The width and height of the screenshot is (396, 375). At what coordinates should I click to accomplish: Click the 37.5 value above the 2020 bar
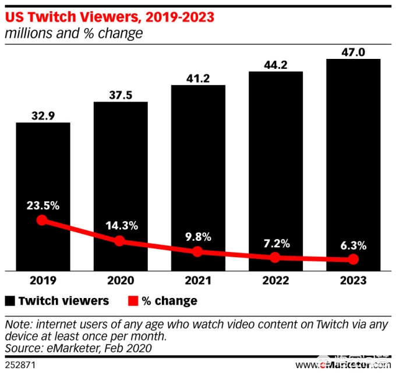[x=121, y=94]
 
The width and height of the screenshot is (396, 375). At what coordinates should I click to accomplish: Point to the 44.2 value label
[x=275, y=64]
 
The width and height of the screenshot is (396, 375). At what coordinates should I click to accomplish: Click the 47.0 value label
[x=353, y=51]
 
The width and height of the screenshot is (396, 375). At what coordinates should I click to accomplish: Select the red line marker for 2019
[x=41, y=220]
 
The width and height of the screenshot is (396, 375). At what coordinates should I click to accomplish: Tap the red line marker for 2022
[x=275, y=257]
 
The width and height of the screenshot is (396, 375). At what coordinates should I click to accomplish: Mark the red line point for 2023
[x=353, y=260]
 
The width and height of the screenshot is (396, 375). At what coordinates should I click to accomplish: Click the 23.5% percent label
[x=43, y=205]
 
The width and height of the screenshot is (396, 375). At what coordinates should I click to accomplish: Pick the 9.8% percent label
[x=198, y=237]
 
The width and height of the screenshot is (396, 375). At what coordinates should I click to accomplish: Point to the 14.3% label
[x=121, y=225]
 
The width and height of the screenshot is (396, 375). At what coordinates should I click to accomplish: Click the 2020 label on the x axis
[x=121, y=281]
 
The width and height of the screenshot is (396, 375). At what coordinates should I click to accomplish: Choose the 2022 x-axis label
[x=275, y=281]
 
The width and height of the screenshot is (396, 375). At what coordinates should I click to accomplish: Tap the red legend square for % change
[x=133, y=301]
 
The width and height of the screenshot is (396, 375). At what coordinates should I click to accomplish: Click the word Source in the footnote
[x=22, y=348]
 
